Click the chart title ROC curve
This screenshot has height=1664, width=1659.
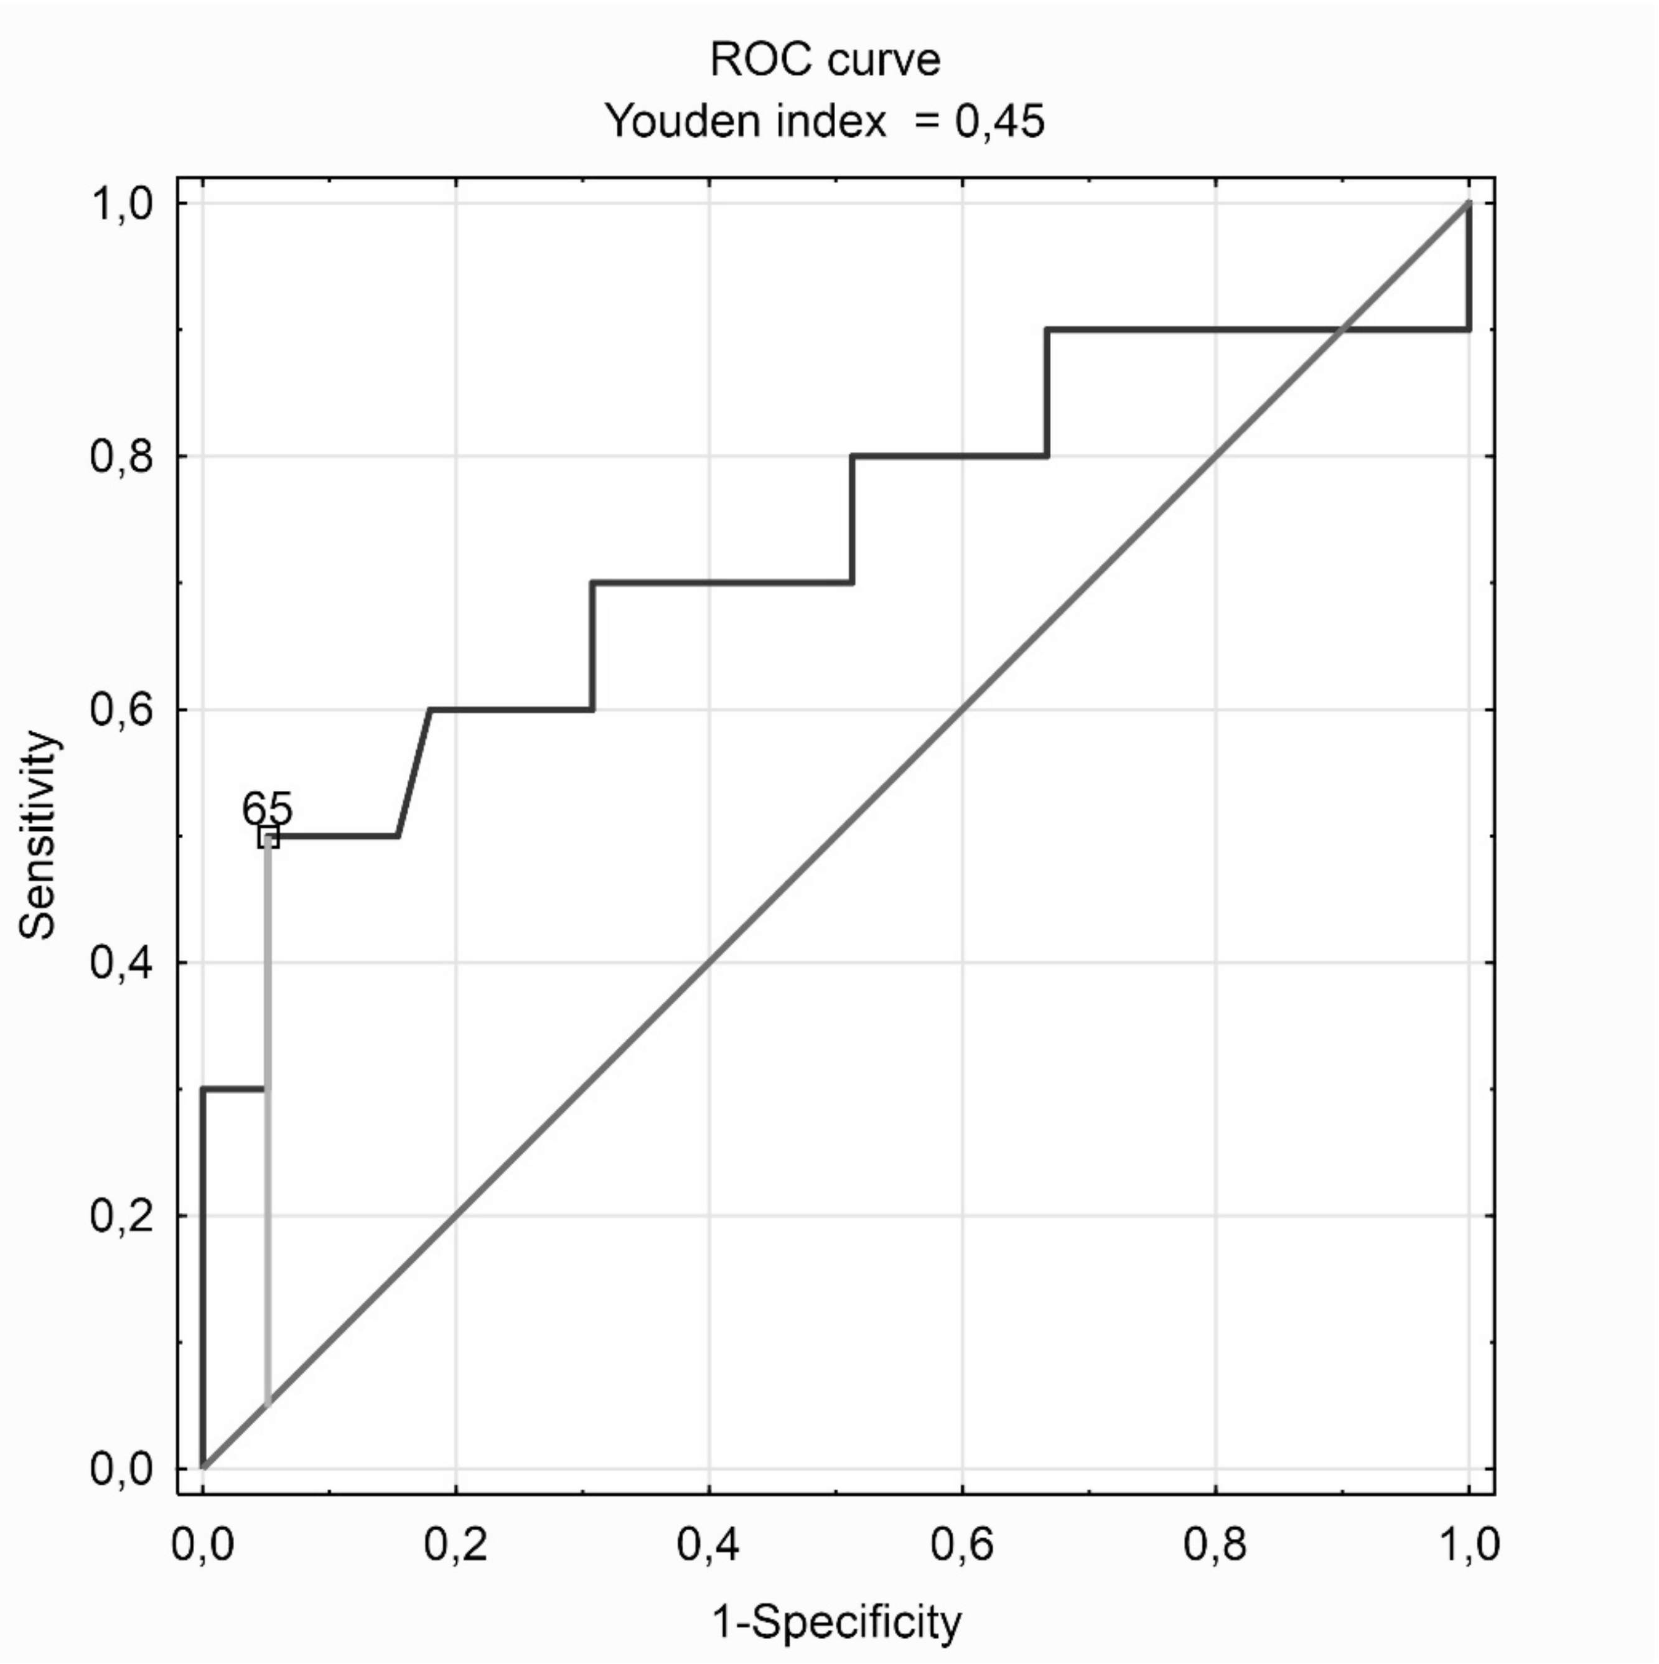click(825, 60)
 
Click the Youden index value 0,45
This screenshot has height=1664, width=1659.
click(999, 121)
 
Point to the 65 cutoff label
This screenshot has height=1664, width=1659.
click(267, 809)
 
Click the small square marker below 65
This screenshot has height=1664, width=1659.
click(268, 837)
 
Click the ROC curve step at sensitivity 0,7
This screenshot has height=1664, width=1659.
click(722, 583)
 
